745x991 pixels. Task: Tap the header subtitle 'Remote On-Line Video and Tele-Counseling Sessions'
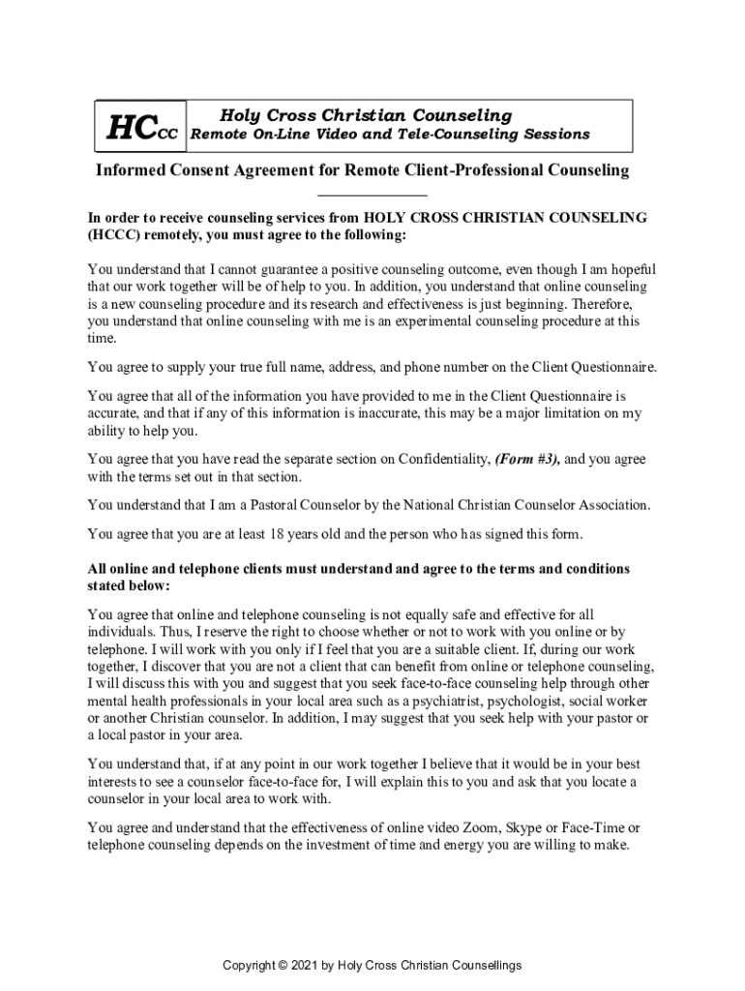389,135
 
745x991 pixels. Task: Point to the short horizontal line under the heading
372,196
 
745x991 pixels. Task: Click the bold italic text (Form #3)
527,459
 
